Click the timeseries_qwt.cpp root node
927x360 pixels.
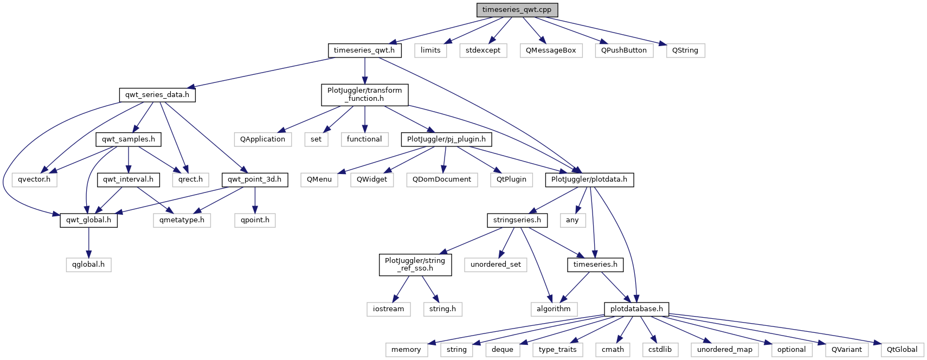pyautogui.click(x=517, y=10)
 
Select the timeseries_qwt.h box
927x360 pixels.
pyautogui.click(x=364, y=50)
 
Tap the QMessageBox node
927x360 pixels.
pyautogui.click(x=551, y=50)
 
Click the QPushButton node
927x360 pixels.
pyautogui.click(x=624, y=50)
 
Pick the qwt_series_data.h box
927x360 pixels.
pyautogui.click(x=157, y=95)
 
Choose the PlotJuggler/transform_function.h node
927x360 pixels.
pyautogui.click(x=364, y=94)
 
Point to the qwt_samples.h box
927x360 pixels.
pyautogui.click(x=128, y=139)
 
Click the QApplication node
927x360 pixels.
pyautogui.click(x=263, y=139)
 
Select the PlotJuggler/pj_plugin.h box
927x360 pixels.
pyautogui.click(x=446, y=139)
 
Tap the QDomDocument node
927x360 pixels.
pyautogui.click(x=442, y=179)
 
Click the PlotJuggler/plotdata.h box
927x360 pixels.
pyautogui.click(x=589, y=179)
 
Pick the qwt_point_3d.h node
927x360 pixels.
pyautogui.click(x=254, y=179)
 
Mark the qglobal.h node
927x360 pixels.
pyautogui.click(x=88, y=265)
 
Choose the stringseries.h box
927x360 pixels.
pyautogui.click(x=517, y=220)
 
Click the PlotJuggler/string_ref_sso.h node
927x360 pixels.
pyautogui.click(x=415, y=265)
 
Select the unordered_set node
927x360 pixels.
pyautogui.click(x=495, y=265)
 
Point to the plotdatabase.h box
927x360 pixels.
pyautogui.click(x=636, y=309)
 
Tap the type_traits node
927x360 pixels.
pyautogui.click(x=557, y=350)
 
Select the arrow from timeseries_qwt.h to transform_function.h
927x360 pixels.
pyautogui.click(x=364, y=70)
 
